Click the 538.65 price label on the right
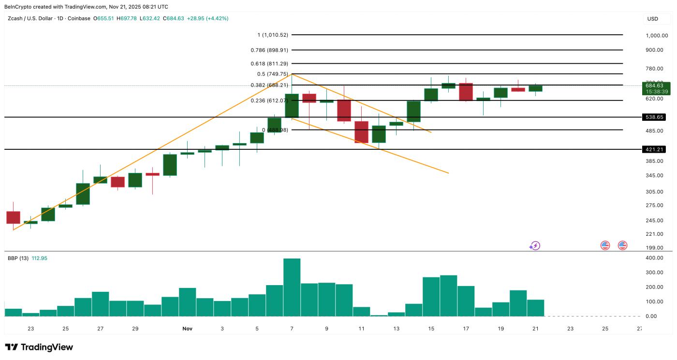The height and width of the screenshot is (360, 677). click(x=654, y=117)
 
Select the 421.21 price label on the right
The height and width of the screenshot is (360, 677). click(x=654, y=150)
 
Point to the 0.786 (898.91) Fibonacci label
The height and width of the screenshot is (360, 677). click(x=269, y=50)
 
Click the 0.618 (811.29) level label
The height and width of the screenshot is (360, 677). click(x=269, y=63)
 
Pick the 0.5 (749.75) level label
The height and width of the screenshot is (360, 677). click(x=273, y=74)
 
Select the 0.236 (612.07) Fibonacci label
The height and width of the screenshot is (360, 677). click(x=269, y=101)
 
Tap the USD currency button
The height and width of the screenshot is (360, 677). click(x=652, y=19)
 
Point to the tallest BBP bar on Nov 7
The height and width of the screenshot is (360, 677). click(x=292, y=287)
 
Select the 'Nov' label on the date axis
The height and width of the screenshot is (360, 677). click(x=188, y=329)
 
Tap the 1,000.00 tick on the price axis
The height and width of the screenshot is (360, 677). click(x=657, y=36)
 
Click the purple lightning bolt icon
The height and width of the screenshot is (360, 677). click(x=534, y=245)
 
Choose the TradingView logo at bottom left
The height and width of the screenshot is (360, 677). click(x=39, y=347)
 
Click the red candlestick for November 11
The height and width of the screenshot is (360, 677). click(x=361, y=132)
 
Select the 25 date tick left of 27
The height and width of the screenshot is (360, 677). click(x=65, y=329)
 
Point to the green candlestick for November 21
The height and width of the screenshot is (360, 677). click(x=535, y=88)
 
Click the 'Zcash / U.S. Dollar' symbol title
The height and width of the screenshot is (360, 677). click(x=32, y=18)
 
